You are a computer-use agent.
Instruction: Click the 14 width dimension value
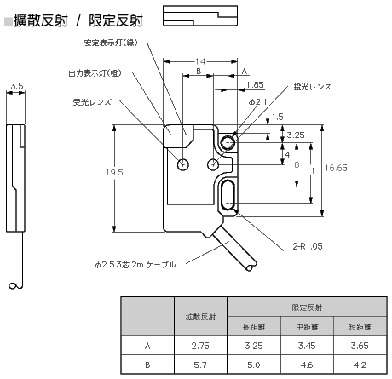(x=200, y=61)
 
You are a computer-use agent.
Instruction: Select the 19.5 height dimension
(x=114, y=172)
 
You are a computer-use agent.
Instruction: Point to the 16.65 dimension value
(x=336, y=168)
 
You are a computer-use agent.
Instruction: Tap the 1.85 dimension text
(x=255, y=84)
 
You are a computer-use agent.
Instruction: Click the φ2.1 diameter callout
(x=257, y=102)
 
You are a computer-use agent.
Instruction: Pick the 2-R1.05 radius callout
(x=308, y=246)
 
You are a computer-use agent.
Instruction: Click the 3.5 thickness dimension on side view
(x=17, y=86)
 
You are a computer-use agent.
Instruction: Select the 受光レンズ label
(x=92, y=102)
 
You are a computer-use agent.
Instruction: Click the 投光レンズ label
(x=313, y=87)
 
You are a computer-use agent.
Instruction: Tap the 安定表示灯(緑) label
(x=111, y=43)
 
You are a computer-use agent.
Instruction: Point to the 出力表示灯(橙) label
(x=95, y=73)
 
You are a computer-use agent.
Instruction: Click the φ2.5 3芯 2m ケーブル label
(x=135, y=265)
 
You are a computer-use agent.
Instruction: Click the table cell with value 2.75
(x=200, y=346)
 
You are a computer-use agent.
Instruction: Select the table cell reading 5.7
(x=200, y=365)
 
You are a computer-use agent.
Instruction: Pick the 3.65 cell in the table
(x=360, y=346)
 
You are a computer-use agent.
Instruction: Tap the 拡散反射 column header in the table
(x=200, y=317)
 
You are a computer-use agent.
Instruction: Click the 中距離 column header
(x=307, y=327)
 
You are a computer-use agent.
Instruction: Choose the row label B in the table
(x=147, y=365)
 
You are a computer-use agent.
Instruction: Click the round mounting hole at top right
(x=228, y=142)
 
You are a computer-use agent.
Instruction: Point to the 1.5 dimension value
(x=277, y=117)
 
